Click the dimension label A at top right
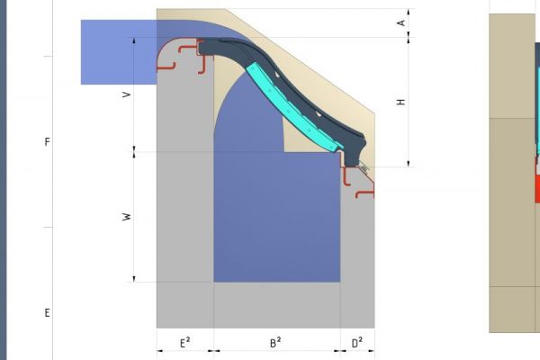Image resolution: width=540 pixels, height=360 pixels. (401, 22)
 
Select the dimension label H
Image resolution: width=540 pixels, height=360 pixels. (401, 102)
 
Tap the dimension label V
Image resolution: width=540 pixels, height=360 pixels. (127, 94)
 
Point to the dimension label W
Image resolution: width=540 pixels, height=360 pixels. (127, 217)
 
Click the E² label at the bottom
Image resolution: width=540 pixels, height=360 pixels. (184, 342)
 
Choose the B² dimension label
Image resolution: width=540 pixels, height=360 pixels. (275, 342)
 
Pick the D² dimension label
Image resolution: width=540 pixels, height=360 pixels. (357, 342)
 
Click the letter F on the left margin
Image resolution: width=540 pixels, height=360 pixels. (47, 142)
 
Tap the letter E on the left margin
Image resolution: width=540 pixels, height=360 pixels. (47, 313)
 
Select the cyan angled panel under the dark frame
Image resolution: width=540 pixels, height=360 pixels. (293, 108)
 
